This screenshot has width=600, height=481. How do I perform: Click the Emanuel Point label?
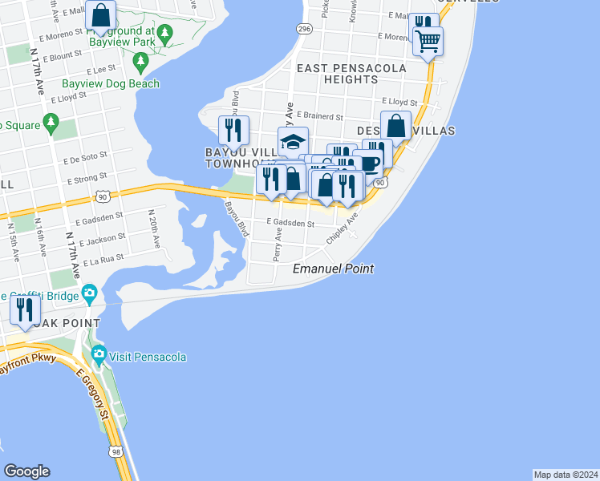pyautogui.click(x=333, y=269)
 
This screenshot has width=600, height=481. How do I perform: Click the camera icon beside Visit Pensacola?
pyautogui.click(x=99, y=354)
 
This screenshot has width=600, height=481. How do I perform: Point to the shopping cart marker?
pyautogui.click(x=428, y=40)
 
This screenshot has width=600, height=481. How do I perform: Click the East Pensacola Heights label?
pyautogui.click(x=351, y=74)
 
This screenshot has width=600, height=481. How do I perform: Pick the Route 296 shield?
pyautogui.click(x=303, y=29)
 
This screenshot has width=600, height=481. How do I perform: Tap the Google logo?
pyautogui.click(x=26, y=471)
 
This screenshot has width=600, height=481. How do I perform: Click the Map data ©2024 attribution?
pyautogui.click(x=566, y=475)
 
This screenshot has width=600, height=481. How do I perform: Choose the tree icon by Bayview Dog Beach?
pyautogui.click(x=141, y=61)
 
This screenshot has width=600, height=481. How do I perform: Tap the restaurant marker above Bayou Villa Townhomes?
pyautogui.click(x=233, y=129)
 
